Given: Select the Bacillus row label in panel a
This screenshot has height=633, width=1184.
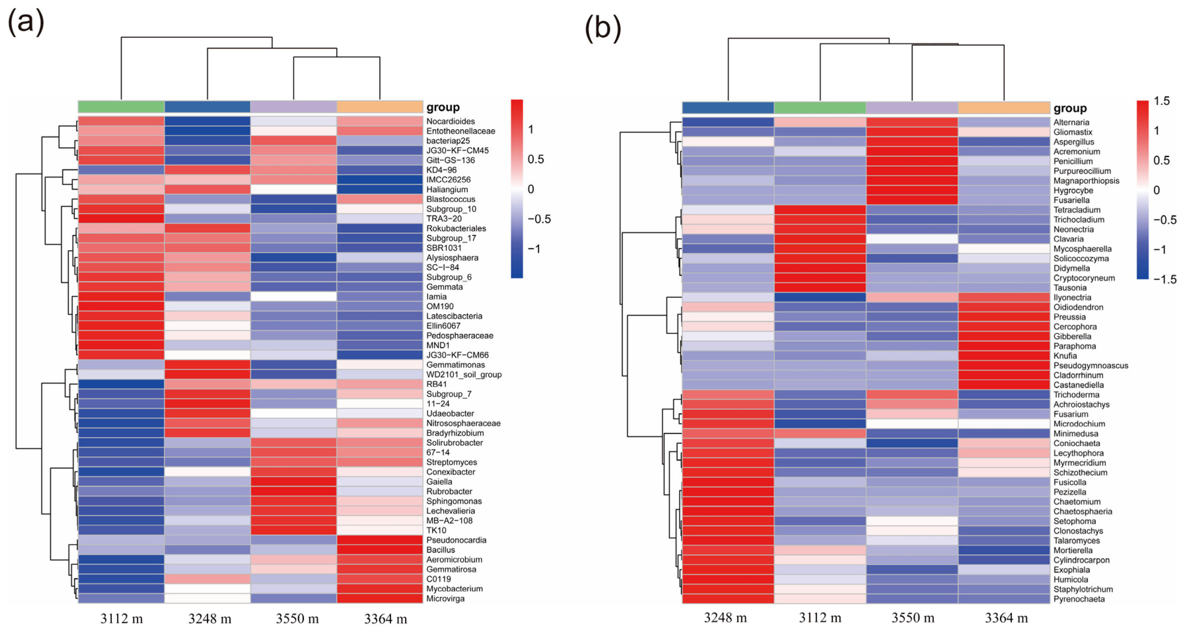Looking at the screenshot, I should point(440,550).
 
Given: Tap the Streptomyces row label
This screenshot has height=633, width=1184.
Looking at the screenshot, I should point(451,462).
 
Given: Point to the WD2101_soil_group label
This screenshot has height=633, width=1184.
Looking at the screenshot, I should point(463,375).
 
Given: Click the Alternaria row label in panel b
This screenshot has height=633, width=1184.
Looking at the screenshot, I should point(1071,122).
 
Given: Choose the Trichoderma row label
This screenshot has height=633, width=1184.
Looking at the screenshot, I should point(1076,395).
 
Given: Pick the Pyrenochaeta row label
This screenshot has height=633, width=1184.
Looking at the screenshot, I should point(1079,599).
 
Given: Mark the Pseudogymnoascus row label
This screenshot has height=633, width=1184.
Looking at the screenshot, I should point(1090,365).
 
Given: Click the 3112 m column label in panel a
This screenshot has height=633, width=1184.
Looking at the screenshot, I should point(121,619).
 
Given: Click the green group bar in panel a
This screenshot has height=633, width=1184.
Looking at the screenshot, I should point(121,107).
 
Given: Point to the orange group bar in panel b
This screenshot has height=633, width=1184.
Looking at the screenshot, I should point(1004,108).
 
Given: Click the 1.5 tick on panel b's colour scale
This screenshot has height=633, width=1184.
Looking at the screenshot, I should point(1162,101).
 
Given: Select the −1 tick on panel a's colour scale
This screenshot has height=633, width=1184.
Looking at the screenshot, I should point(534,249).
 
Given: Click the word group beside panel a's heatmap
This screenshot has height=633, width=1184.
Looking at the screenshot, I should point(443,107).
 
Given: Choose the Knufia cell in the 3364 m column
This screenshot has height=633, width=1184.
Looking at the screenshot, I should point(1004,356).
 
